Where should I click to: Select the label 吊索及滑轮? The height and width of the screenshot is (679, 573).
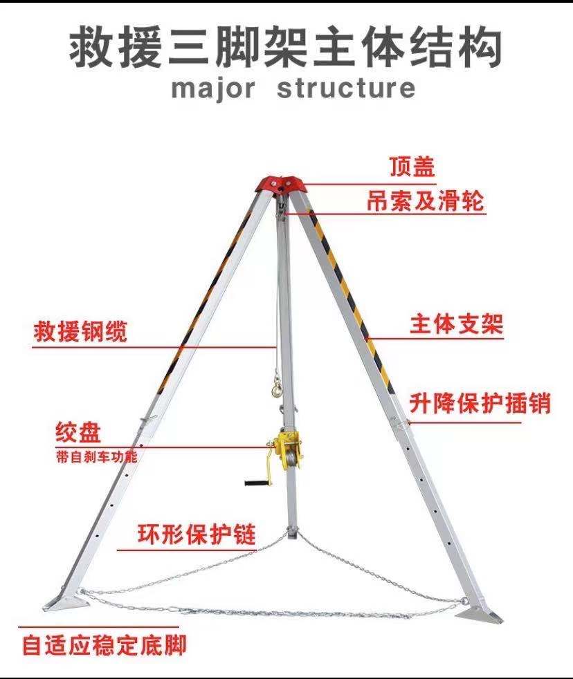pyautogui.click(x=425, y=201)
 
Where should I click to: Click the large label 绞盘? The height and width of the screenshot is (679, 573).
pyautogui.click(x=78, y=434)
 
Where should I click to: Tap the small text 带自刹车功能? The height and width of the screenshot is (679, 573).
pyautogui.click(x=96, y=457)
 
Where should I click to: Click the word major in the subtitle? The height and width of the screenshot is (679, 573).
pyautogui.click(x=212, y=89)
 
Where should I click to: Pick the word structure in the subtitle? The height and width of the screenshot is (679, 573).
pyautogui.click(x=346, y=89)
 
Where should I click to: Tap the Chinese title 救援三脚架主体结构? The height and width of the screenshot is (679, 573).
pyautogui.click(x=285, y=46)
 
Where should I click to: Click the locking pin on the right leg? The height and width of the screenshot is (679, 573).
pyautogui.click(x=399, y=422)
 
